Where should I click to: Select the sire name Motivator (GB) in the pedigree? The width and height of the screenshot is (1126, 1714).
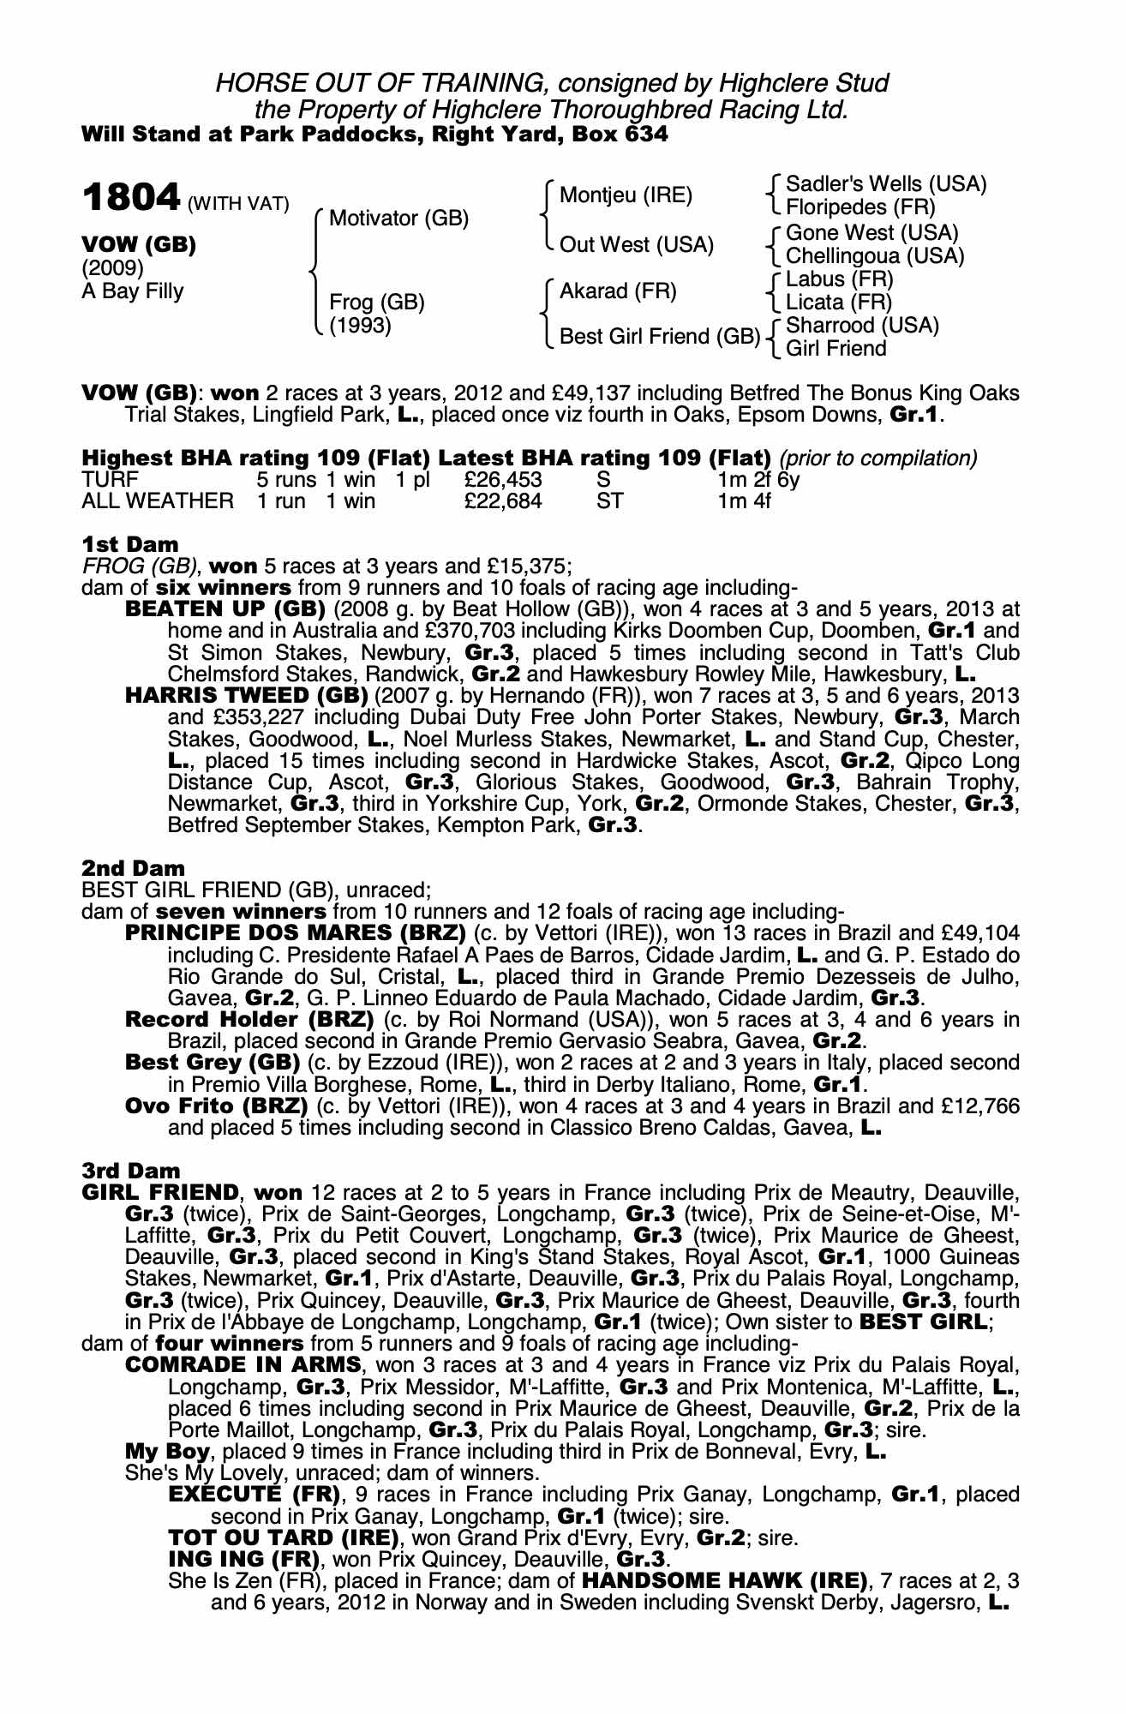tap(398, 219)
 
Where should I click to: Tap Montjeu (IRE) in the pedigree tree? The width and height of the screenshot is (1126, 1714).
tap(625, 195)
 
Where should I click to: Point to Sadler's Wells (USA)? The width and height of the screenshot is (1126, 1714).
tap(886, 184)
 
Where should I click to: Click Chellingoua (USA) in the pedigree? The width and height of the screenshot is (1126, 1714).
tap(875, 255)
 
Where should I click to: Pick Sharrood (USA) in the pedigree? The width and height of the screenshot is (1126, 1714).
tap(862, 326)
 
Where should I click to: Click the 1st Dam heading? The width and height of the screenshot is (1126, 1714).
tap(130, 544)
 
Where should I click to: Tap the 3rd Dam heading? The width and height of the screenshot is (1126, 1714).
tap(131, 1171)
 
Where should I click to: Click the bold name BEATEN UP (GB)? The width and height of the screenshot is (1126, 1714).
tap(225, 609)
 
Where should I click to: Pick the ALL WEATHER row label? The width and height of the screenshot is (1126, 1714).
tap(157, 501)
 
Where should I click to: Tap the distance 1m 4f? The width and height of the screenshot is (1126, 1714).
tap(744, 501)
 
